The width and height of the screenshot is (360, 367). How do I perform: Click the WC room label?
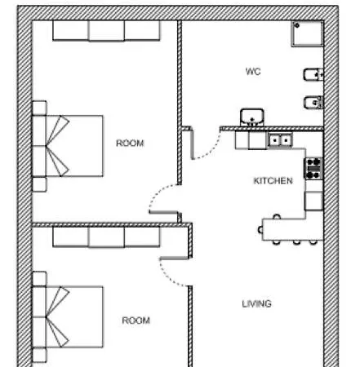coord(253,72)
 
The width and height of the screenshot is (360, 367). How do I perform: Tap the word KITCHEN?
coord(273,181)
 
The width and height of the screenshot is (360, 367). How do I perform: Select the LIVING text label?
coord(257,303)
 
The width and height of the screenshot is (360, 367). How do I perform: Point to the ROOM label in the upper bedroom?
coord(130,143)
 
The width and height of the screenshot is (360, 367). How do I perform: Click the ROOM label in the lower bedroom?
coord(136,321)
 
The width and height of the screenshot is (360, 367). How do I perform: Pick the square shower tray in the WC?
coord(307,34)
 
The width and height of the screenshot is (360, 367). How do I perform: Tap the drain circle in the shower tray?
coord(297,26)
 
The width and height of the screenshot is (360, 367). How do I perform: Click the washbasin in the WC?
coord(252,117)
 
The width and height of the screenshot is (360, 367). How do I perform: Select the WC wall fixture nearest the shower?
coord(313,74)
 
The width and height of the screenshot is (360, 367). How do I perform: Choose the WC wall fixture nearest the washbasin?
coord(313,102)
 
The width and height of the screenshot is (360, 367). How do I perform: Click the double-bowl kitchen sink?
coord(280,140)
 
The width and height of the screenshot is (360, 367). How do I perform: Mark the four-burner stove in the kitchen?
coord(313,169)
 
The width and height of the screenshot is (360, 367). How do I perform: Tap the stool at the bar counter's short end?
coord(260,230)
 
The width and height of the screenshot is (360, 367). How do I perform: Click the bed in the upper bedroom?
coord(68,146)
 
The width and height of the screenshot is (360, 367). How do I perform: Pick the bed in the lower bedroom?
coord(68,316)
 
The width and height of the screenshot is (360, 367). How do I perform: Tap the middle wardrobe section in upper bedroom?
coord(106,31)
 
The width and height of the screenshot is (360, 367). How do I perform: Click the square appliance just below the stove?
coord(313,201)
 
